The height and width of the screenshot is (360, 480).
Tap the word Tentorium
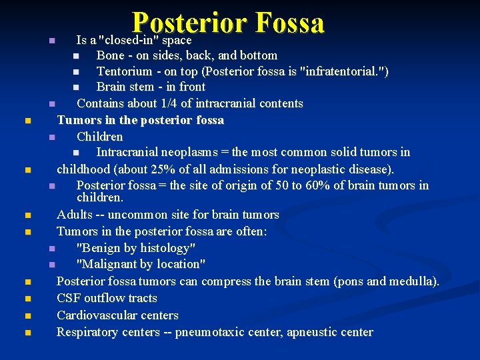click(124, 71)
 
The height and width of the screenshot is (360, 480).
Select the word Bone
click(110, 55)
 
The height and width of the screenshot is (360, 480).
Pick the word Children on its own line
click(100, 137)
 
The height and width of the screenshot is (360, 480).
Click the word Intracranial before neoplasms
click(127, 153)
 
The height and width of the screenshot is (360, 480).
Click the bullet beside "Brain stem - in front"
click(77, 87)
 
